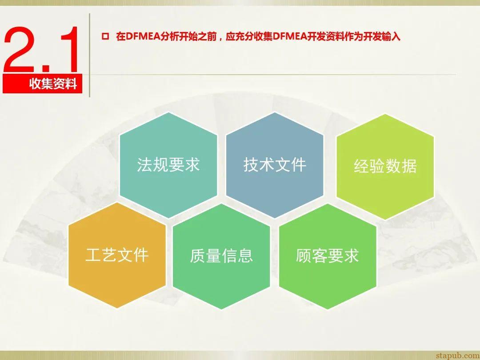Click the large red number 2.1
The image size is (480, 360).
pyautogui.click(x=42, y=50)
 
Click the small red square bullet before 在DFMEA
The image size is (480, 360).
pyautogui.click(x=105, y=37)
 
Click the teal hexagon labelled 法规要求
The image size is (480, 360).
pyautogui.click(x=168, y=165)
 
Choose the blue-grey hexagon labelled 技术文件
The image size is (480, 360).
pyautogui.click(x=275, y=165)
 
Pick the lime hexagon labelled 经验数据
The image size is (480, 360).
pyautogui.click(x=385, y=167)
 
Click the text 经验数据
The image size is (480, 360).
pyautogui.click(x=385, y=167)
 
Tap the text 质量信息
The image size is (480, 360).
pyautogui.click(x=221, y=256)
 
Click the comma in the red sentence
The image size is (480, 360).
pyautogui.click(x=220, y=38)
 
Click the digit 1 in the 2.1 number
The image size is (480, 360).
pyautogui.click(x=71, y=50)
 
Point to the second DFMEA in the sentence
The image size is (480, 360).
pyautogui.click(x=291, y=37)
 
